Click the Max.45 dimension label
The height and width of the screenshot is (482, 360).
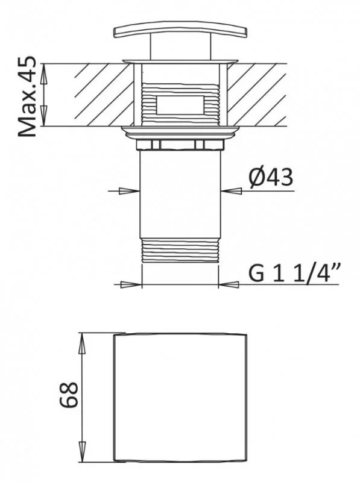28,97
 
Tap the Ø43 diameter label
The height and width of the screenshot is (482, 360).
269,178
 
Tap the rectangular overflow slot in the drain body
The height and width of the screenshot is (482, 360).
180,105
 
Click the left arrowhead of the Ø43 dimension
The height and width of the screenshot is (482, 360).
128,191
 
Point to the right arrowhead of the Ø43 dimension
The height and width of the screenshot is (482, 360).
232,191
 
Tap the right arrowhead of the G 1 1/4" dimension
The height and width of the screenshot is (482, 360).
229,284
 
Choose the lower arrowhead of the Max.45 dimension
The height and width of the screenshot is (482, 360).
44,119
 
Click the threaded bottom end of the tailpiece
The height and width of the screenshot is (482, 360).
180,250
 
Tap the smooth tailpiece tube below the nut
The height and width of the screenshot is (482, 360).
180,193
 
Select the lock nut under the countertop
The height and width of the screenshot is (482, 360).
180,144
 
